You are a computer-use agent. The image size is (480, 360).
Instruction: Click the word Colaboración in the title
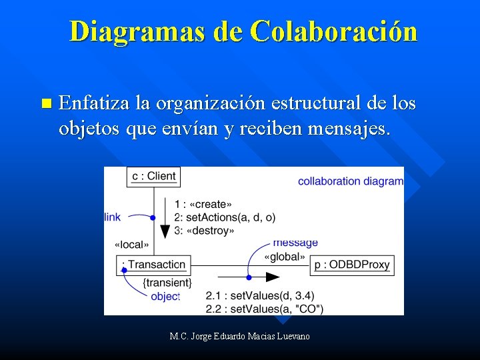[x=335, y=32]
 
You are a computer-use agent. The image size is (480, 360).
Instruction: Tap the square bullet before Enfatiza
[x=45, y=103]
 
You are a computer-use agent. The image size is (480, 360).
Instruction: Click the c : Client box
[x=153, y=176]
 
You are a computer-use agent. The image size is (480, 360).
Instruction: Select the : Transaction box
[x=153, y=265]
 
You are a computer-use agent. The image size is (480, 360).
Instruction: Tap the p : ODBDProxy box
[x=352, y=265]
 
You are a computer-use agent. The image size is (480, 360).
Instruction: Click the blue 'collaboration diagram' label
[x=350, y=181]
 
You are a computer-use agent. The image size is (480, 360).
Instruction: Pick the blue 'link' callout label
[x=113, y=217]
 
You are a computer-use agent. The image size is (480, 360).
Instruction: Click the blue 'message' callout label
[x=295, y=243]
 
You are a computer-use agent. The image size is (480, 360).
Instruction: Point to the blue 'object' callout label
[x=165, y=297]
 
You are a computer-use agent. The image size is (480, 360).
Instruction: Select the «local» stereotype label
[x=131, y=245]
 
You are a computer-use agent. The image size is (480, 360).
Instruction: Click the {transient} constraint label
[x=167, y=283]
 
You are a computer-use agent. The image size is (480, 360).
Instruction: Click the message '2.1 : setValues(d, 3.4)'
[x=260, y=295]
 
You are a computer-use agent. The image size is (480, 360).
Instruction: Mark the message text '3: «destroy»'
[x=204, y=231]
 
